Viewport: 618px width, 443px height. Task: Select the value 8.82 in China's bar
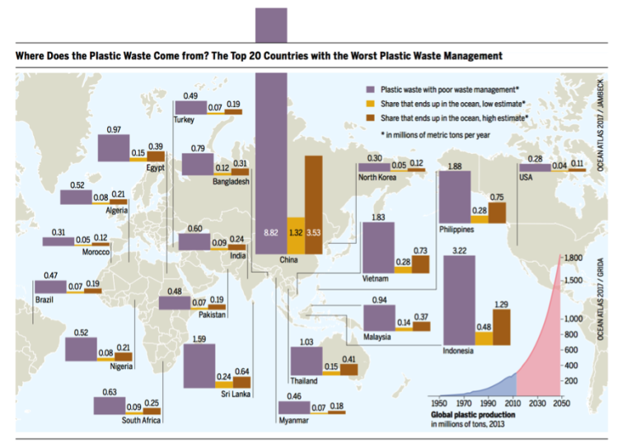(x=269, y=233)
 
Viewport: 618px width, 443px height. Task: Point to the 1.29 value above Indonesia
(x=502, y=304)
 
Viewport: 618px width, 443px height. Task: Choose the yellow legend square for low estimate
(x=372, y=103)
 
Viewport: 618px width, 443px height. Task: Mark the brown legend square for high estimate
(x=372, y=118)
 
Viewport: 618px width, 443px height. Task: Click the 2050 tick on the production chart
(x=561, y=402)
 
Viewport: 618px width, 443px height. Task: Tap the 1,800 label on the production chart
(x=574, y=259)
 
